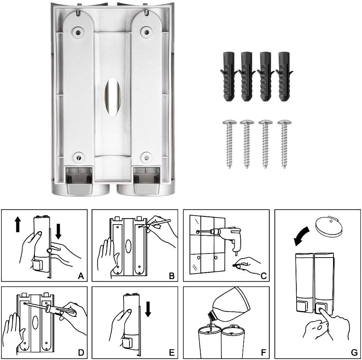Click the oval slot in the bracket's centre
point(113,96)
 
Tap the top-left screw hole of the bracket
point(78,32)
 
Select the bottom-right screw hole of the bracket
point(147,158)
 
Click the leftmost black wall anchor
point(229,76)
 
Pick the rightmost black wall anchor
point(284,76)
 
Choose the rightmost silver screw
point(284,144)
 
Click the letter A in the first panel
point(81,276)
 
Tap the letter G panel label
point(354,352)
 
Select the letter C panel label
point(264,276)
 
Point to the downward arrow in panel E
point(148,310)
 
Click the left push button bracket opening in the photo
point(79,176)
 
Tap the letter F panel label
point(263,353)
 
